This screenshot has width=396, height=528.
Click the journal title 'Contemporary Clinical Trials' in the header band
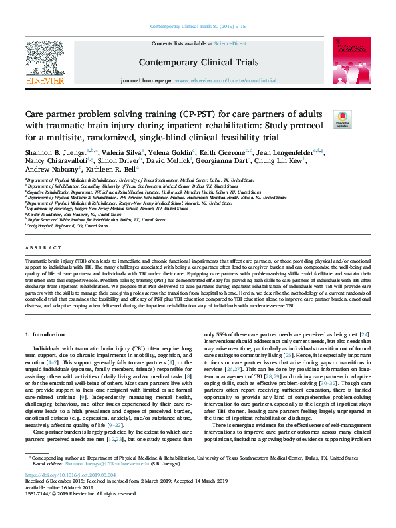pyautogui.click(x=198, y=62)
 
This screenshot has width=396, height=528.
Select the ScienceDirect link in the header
pyautogui.click(x=231, y=43)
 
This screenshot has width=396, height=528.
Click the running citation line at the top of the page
pyautogui.click(x=198, y=27)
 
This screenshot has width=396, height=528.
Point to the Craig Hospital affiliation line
pyautogui.click(x=67, y=226)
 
